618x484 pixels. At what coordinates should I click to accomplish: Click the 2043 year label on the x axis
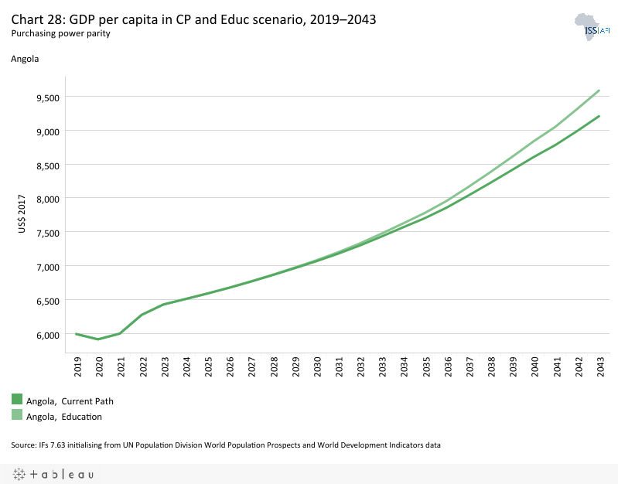tap(598, 367)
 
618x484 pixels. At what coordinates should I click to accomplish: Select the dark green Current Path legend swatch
tap(17, 400)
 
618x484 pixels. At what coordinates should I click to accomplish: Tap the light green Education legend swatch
tap(17, 415)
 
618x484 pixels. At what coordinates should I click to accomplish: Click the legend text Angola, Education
tap(64, 417)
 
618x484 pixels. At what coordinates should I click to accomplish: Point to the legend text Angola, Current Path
tap(70, 401)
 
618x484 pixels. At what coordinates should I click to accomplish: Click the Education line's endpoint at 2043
tap(599, 90)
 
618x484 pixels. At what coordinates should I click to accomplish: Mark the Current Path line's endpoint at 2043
tap(599, 117)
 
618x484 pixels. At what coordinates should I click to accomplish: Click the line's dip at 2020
tap(98, 339)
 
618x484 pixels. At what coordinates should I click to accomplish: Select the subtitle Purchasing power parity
tap(60, 34)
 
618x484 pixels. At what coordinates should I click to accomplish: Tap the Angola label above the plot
tap(25, 58)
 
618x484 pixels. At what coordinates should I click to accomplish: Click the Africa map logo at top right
tap(591, 27)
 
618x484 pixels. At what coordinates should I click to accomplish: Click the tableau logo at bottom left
tap(53, 474)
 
